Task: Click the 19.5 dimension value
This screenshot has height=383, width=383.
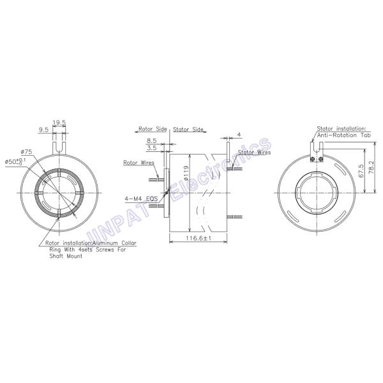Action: click(59, 123)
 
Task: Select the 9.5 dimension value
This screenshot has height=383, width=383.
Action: click(43, 130)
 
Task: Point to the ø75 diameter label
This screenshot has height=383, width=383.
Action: click(26, 152)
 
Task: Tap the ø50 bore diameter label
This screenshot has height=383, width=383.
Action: click(15, 161)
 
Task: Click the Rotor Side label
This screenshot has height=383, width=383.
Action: click(153, 129)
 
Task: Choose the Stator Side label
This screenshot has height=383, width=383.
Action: click(188, 129)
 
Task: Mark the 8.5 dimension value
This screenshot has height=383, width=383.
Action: click(151, 140)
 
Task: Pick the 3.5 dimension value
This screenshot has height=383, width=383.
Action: click(151, 148)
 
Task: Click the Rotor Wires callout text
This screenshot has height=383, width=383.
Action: click(139, 163)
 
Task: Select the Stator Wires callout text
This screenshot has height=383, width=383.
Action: click(254, 152)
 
